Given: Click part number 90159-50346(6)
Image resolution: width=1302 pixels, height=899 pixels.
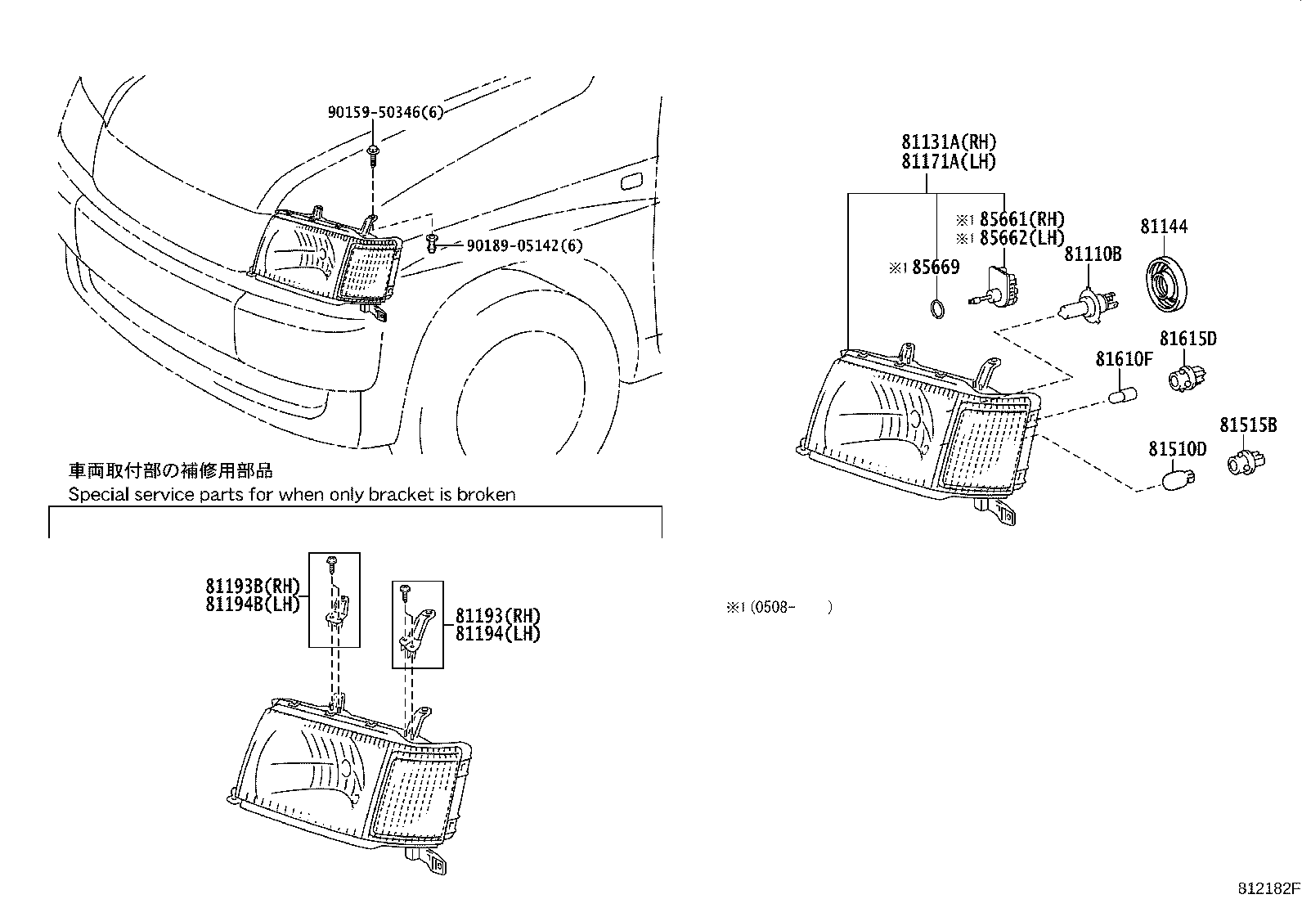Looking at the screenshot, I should coord(384,112).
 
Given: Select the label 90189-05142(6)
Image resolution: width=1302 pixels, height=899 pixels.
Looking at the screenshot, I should coord(524,245).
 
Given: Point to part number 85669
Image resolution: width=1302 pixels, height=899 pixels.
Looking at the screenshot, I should coord(936,267).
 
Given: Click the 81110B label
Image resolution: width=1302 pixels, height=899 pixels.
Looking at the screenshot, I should coord(1092,254).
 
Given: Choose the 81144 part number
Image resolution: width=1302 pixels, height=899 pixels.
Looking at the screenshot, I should coord(1164,227).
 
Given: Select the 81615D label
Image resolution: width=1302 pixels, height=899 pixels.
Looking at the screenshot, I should coord(1188,338).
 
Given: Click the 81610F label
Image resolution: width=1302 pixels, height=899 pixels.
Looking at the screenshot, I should coord(1124,358).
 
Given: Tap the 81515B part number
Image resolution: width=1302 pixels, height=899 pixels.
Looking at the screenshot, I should coord(1248,425).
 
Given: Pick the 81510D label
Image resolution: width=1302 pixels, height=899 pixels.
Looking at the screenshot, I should coord(1177,449).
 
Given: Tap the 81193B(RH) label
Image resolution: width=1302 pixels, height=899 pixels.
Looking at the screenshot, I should coord(253,586).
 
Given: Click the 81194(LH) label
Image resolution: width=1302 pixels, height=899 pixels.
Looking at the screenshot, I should coord(497,634).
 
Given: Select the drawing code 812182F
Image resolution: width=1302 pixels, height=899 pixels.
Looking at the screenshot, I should coord(1267,888).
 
